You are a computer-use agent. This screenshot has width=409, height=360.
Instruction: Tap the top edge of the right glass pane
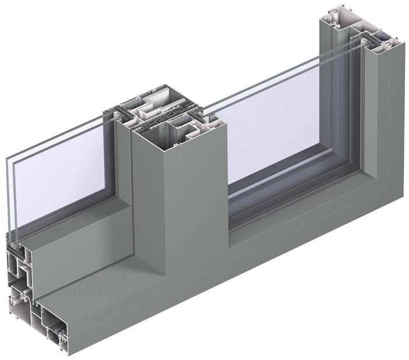click(x=262, y=84)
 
